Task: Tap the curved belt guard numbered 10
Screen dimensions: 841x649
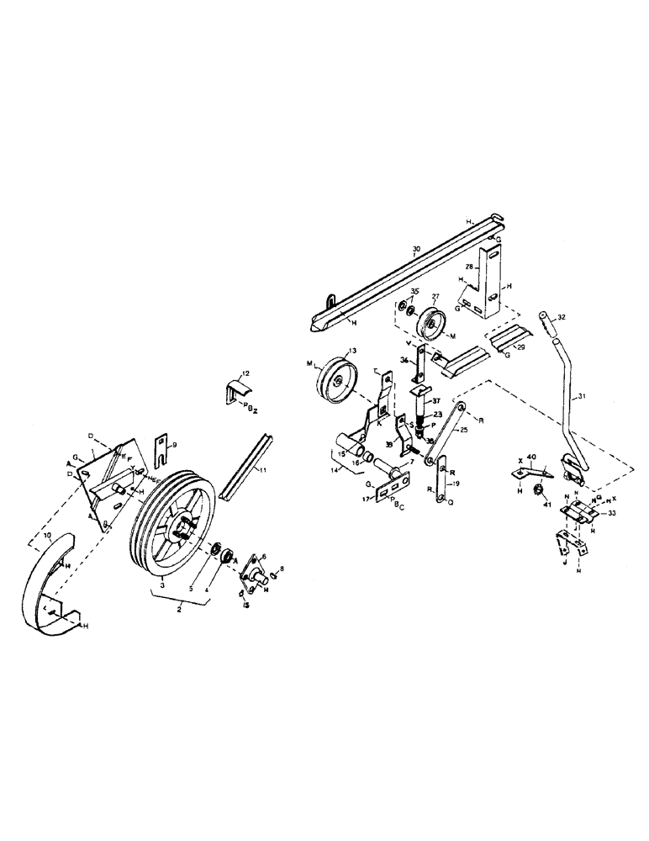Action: click(50, 589)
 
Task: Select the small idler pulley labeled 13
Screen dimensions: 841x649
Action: click(337, 380)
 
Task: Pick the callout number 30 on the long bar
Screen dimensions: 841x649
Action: click(415, 249)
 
